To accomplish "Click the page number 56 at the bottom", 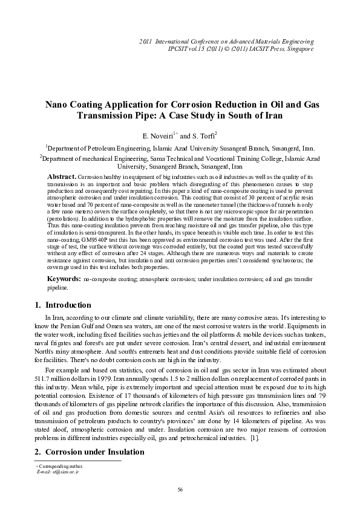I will [180, 489].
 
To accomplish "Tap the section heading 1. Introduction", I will [61, 305].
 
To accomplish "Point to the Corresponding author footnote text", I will [57, 466].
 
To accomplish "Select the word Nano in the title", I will [59, 105].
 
